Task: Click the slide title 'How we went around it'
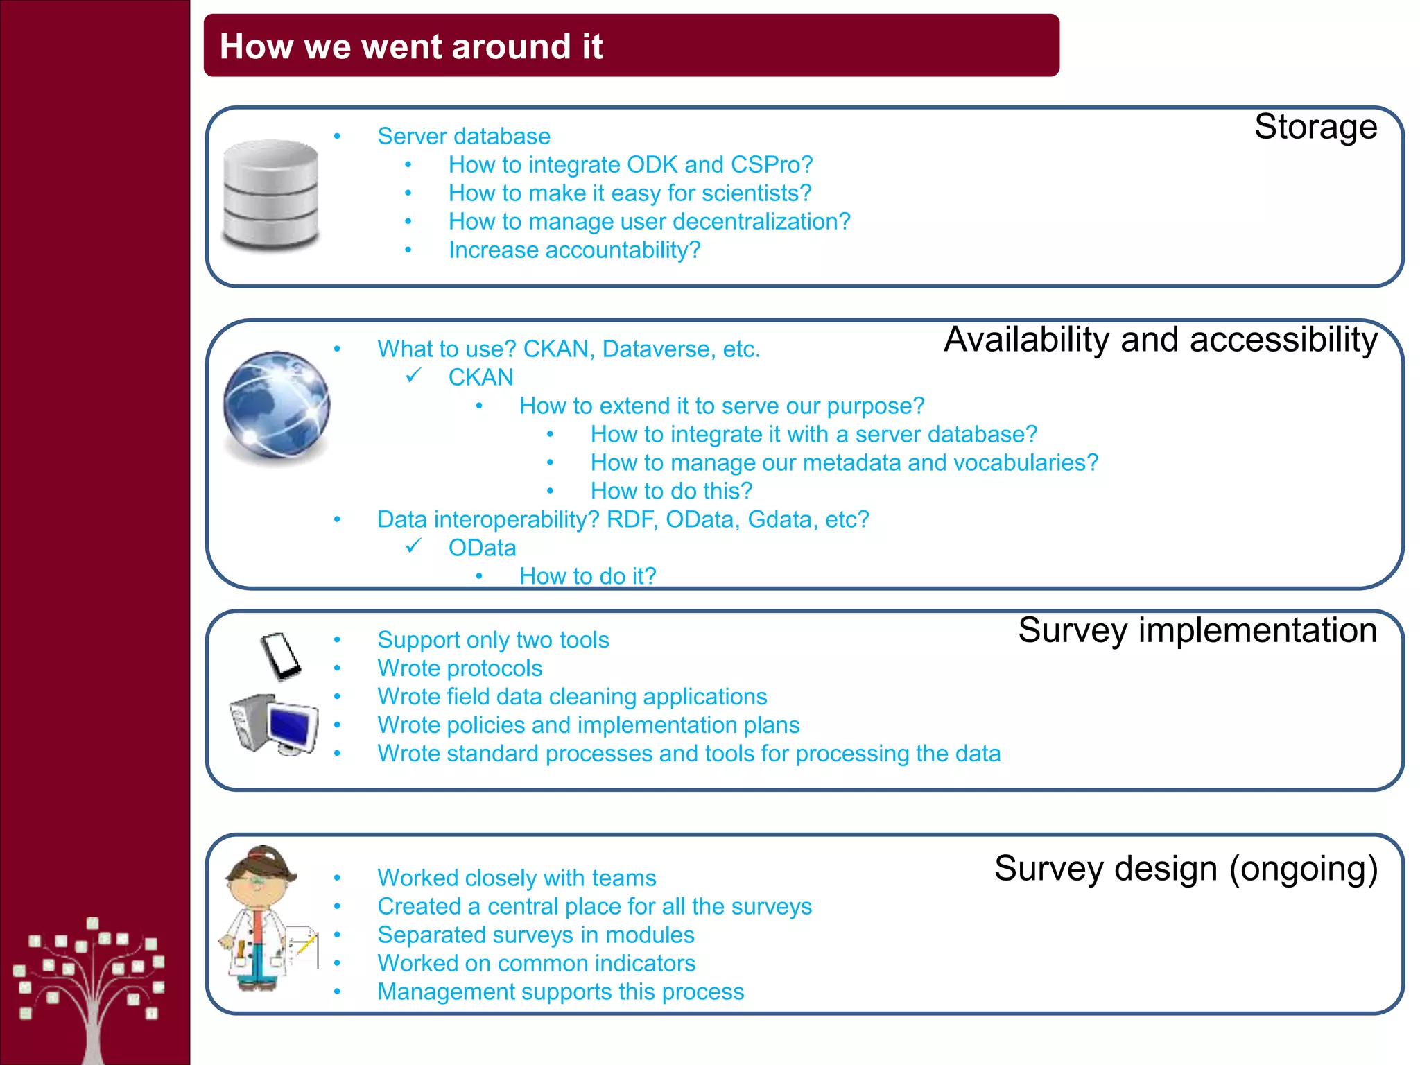tap(410, 46)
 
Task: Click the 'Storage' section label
tap(1315, 127)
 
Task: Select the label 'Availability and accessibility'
tap(1160, 340)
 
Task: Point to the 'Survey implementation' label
tap(1197, 630)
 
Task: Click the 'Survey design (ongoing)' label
tap(1185, 869)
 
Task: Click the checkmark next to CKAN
tap(414, 376)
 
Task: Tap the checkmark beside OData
tap(414, 546)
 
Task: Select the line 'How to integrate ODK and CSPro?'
tap(630, 165)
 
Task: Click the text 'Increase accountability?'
tap(574, 250)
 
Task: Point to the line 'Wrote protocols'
tap(459, 668)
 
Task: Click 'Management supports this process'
tap(560, 992)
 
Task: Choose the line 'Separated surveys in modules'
tap(535, 935)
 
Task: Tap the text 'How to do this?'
tap(670, 491)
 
